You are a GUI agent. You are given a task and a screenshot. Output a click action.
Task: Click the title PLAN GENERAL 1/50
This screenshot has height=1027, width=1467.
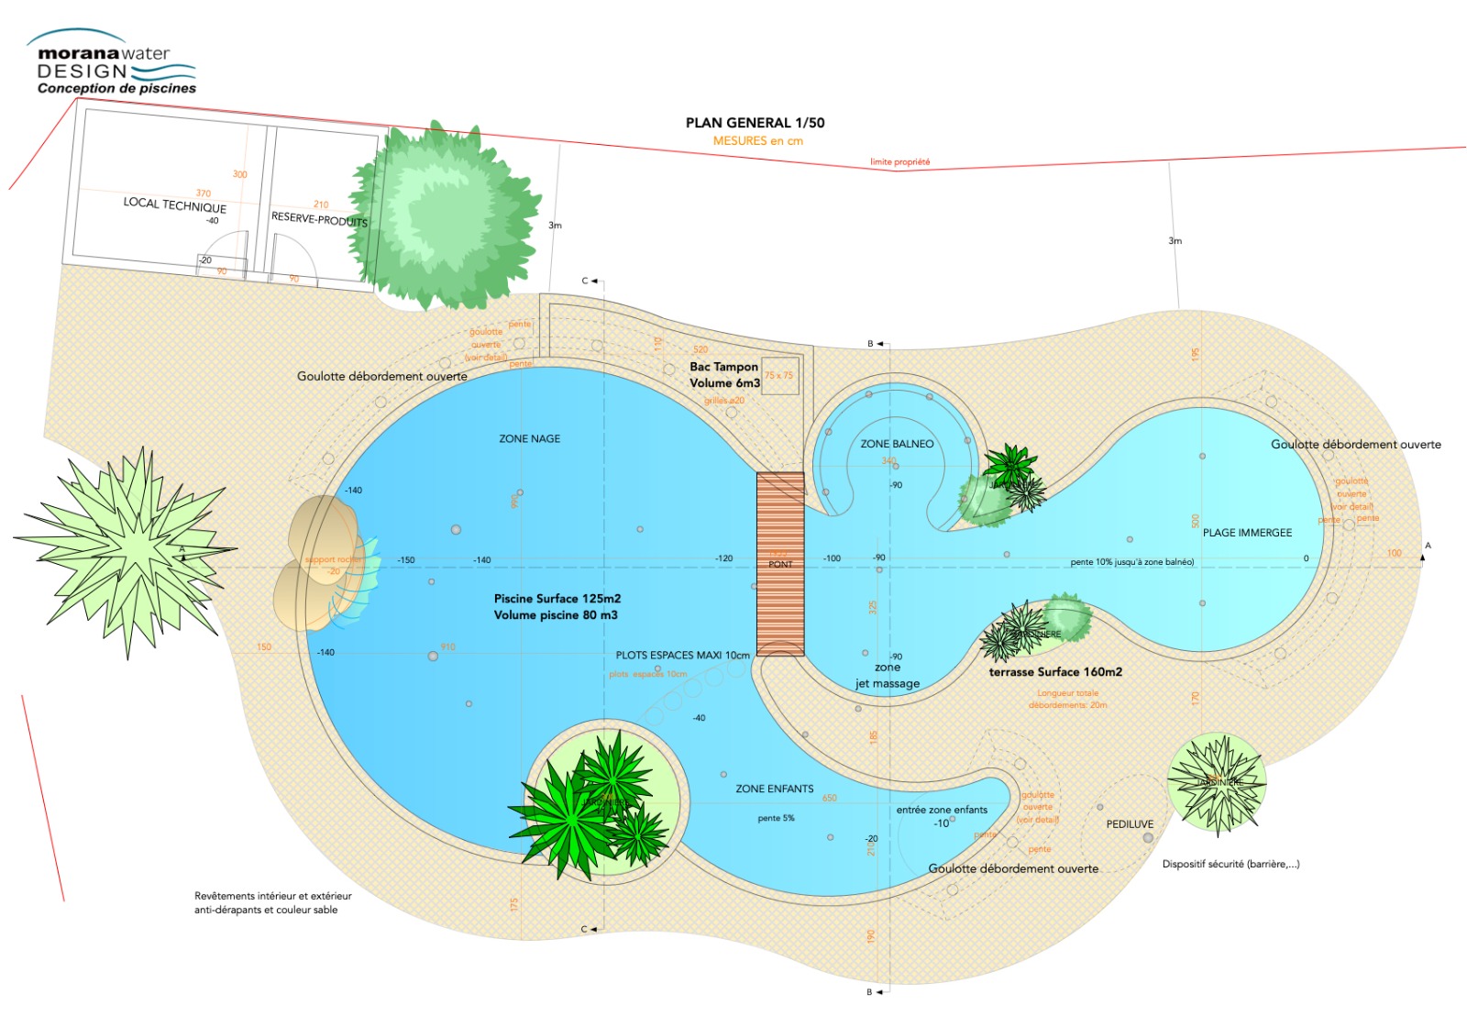coord(755,123)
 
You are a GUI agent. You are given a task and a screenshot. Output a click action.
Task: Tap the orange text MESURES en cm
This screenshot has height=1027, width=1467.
coord(757,141)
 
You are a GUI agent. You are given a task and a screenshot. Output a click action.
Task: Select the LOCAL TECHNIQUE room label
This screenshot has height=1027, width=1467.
coord(174,204)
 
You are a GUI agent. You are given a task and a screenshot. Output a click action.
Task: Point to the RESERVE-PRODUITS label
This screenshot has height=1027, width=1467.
coord(319,220)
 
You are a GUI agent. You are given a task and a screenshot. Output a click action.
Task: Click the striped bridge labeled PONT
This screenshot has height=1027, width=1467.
coord(780,564)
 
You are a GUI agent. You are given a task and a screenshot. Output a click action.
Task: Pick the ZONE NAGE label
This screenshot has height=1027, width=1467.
coord(529,439)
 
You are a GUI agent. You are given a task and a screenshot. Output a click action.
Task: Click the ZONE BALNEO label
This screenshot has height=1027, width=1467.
coord(897,444)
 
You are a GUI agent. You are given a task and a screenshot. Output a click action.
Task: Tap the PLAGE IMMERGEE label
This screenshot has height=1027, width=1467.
coord(1247,533)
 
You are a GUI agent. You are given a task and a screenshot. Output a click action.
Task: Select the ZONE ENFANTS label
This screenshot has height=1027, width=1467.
coord(774,789)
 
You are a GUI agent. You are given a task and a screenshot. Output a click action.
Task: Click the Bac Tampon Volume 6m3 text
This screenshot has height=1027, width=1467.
coord(724,375)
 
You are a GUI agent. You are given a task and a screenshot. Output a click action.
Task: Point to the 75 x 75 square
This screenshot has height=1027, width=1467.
coord(779,376)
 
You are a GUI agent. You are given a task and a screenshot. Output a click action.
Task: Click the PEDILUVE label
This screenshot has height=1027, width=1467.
coord(1130,824)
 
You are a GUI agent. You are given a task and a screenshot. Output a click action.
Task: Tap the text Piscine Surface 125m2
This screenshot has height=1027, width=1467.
coord(557,599)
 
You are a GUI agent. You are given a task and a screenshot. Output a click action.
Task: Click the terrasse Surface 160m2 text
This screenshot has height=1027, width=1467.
coord(1055,672)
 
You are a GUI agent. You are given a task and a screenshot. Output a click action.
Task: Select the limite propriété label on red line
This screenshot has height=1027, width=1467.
coord(899,162)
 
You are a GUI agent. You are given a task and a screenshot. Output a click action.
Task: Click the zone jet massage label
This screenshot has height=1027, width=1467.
coord(887,676)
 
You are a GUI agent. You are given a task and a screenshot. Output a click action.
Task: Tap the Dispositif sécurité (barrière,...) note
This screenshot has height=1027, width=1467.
coord(1230,864)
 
